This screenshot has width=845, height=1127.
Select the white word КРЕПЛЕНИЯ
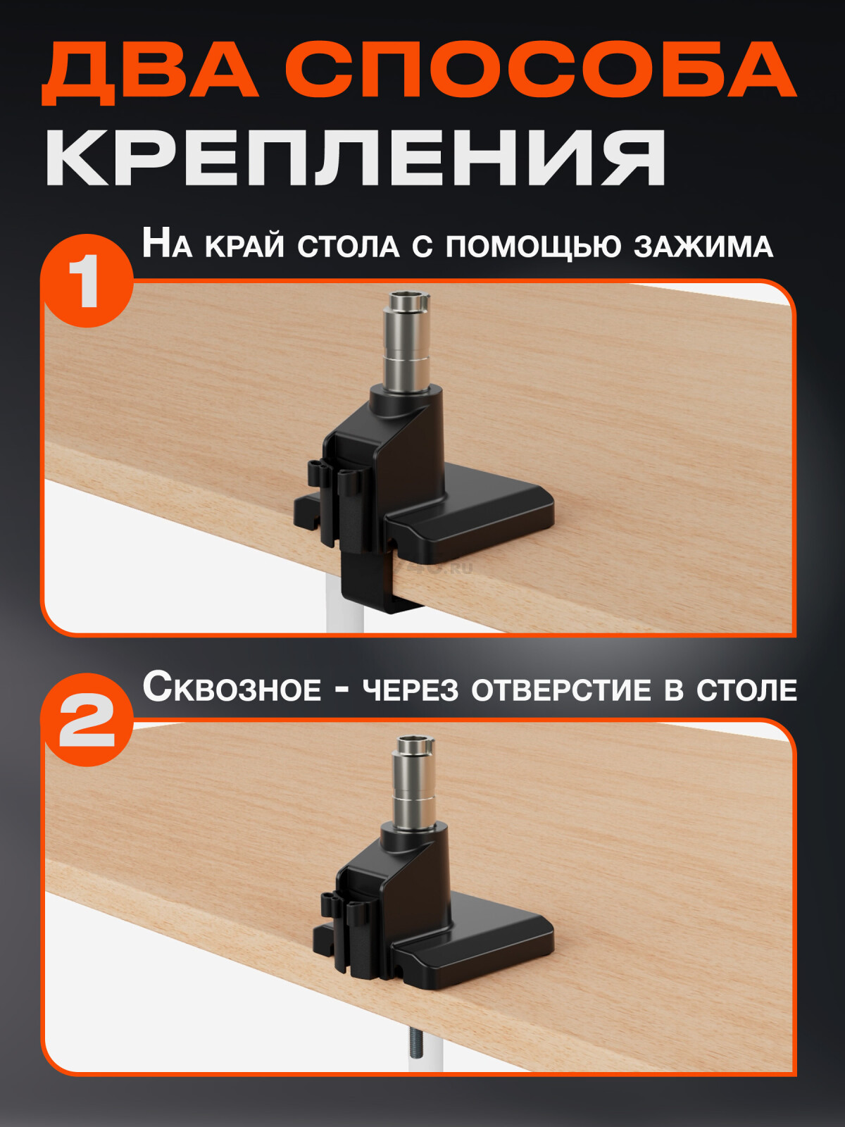click(356, 156)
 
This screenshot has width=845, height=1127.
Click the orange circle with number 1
click(87, 280)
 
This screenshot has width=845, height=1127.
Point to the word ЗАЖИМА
click(703, 247)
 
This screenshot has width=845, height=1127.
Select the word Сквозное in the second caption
click(232, 687)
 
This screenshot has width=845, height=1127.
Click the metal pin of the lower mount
click(413, 780)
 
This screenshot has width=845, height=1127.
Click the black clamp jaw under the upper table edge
click(370, 580)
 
